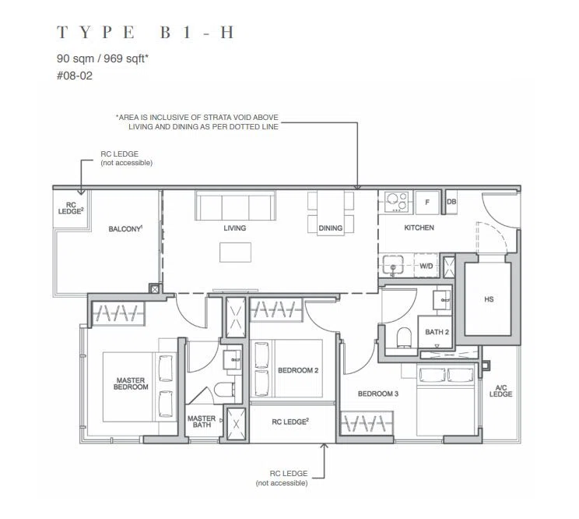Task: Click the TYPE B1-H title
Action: [x=145, y=33]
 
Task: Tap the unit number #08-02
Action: [x=74, y=76]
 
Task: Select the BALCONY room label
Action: [x=125, y=229]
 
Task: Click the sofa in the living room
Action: [x=235, y=206]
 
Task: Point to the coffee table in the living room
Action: [x=235, y=252]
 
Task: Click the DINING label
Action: [x=331, y=228]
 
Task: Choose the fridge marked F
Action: [x=427, y=202]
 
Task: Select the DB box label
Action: [x=451, y=202]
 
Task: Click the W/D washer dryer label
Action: [x=426, y=266]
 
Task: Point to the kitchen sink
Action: [x=392, y=265]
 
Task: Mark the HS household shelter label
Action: [x=489, y=299]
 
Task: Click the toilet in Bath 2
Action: [x=404, y=337]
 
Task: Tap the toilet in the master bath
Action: [x=224, y=390]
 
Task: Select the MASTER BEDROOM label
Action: [x=131, y=383]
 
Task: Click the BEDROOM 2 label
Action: [x=298, y=370]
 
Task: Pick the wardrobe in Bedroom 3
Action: [x=367, y=423]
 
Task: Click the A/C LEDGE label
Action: [x=500, y=390]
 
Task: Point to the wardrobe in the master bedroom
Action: [x=118, y=313]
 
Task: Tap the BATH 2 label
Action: [x=437, y=332]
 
